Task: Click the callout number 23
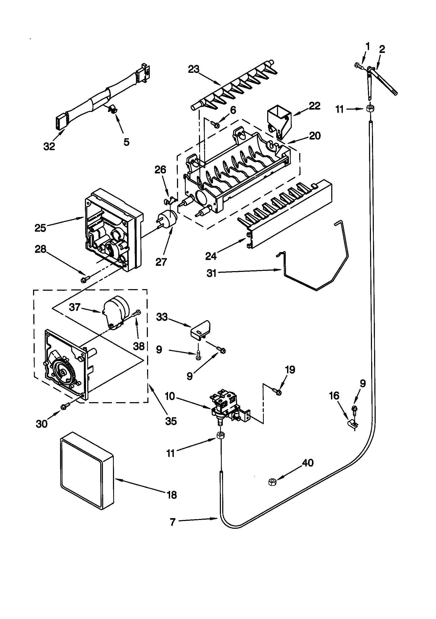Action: pyautogui.click(x=193, y=70)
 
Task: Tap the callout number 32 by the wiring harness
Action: pyautogui.click(x=49, y=146)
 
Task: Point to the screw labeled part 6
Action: pyautogui.click(x=215, y=124)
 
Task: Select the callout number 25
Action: pyautogui.click(x=40, y=228)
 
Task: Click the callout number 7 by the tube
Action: pyautogui.click(x=173, y=522)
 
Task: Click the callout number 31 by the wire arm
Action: pyautogui.click(x=211, y=273)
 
